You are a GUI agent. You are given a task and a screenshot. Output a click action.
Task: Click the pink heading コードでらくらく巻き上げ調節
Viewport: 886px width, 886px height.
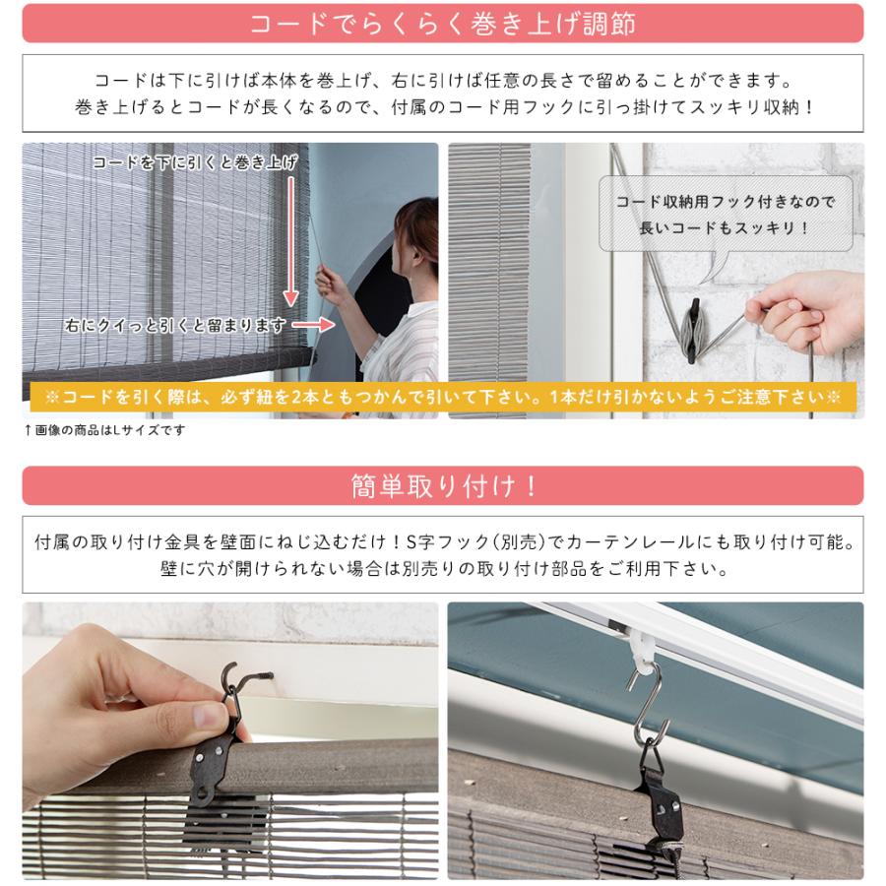pyautogui.click(x=442, y=24)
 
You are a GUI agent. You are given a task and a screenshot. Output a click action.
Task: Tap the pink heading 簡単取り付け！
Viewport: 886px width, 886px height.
pyautogui.click(x=442, y=485)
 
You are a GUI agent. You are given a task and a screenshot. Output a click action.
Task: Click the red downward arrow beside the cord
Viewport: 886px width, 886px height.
pyautogui.click(x=291, y=246)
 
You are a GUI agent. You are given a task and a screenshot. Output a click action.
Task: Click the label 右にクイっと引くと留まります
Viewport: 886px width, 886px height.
pyautogui.click(x=177, y=324)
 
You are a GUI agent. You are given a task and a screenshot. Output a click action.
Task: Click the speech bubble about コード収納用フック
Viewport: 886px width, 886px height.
pyautogui.click(x=726, y=215)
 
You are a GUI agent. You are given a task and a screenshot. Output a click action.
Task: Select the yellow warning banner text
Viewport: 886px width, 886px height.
pyautogui.click(x=442, y=397)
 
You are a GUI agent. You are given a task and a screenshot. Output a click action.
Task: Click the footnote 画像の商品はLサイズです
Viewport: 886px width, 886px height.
pyautogui.click(x=104, y=430)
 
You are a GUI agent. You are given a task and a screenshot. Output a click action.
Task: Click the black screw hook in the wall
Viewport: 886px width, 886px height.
pyautogui.click(x=246, y=680)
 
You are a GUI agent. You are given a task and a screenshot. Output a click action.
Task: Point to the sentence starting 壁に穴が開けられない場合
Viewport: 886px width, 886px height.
pyautogui.click(x=442, y=569)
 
